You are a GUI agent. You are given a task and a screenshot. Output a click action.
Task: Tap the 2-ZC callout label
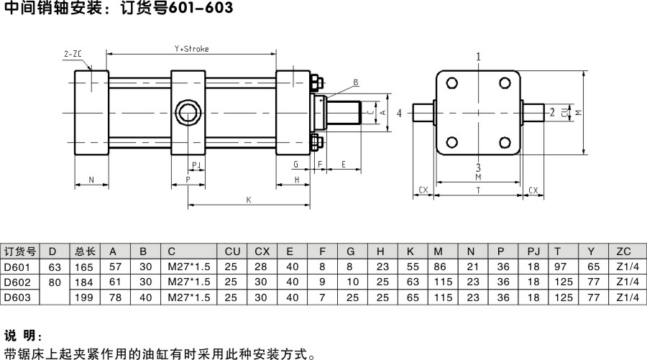tap(72, 54)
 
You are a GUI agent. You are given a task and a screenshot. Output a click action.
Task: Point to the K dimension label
tap(249, 199)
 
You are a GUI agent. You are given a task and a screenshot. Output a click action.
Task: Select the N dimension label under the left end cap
tap(91, 179)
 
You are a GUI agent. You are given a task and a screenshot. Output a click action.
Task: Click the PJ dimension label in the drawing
tap(195, 165)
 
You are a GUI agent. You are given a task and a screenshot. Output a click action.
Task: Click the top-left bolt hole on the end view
tap(451, 83)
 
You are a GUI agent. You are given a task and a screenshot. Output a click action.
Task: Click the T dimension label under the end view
tap(479, 190)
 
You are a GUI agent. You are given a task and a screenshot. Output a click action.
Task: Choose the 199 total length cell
tap(84, 296)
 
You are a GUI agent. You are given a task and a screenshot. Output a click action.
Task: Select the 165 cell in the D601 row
tap(84, 267)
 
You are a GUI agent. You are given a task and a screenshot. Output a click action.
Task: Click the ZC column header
tap(623, 251)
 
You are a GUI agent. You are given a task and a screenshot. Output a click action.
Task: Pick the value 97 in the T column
tap(560, 267)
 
